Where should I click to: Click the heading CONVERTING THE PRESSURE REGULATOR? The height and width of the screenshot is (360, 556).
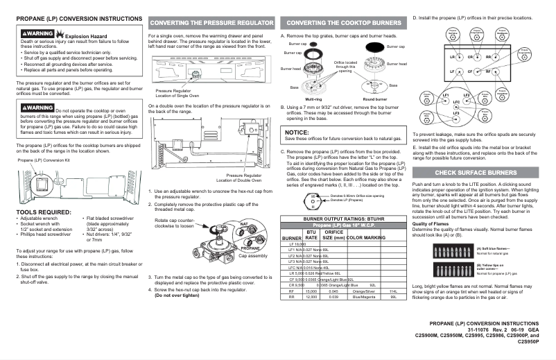(209, 22)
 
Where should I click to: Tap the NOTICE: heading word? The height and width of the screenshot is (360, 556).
(297, 132)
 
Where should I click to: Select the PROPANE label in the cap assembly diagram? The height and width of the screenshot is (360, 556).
(250, 248)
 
